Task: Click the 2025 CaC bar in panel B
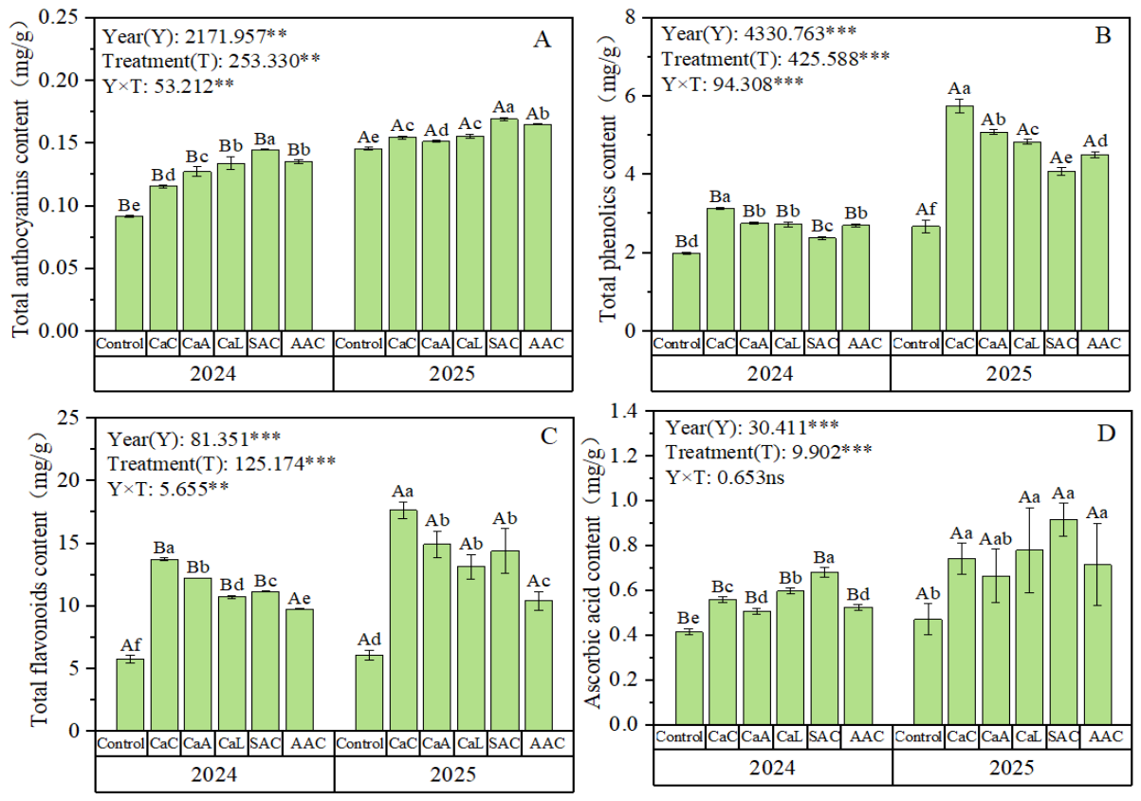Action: tap(959, 218)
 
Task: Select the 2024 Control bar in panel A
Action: tap(129, 273)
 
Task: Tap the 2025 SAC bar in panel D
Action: tap(1063, 623)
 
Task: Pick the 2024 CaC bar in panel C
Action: tap(164, 645)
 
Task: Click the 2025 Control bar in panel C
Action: tap(369, 693)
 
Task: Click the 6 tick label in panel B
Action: tap(631, 96)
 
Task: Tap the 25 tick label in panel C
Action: tap(69, 418)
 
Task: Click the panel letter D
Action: tap(1105, 433)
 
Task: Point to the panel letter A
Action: tap(542, 40)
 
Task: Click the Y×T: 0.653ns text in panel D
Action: tap(726, 477)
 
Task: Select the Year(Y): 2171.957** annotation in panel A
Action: tap(194, 36)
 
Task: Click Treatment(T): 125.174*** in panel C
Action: tap(222, 464)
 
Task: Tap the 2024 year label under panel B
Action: tap(770, 374)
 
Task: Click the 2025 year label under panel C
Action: tap(452, 774)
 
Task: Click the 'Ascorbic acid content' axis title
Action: tap(593, 578)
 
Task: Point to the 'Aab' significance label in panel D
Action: tap(996, 539)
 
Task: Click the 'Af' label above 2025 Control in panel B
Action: tap(926, 209)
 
